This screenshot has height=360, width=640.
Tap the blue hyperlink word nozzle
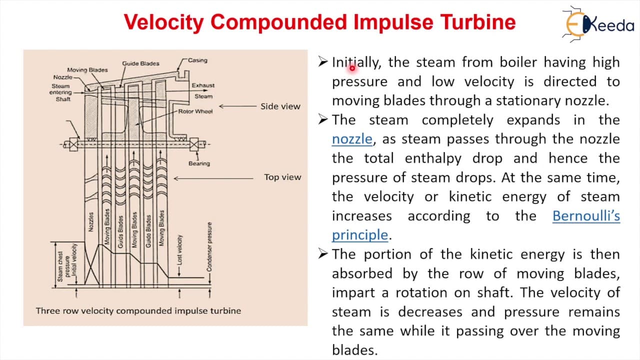tap(352, 139)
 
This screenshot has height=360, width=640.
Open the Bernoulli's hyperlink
tap(586, 215)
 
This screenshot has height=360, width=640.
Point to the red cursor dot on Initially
tap(352, 68)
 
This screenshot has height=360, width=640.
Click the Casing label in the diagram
tap(197, 60)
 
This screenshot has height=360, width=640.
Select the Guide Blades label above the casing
tap(140, 63)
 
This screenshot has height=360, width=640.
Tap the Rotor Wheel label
tap(195, 111)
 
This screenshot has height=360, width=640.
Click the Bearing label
tap(199, 163)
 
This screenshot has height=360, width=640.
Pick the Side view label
tap(280, 106)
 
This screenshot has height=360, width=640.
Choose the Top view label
tap(282, 177)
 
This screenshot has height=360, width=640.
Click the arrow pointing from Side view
tap(237, 106)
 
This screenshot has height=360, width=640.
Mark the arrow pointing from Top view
tap(213, 178)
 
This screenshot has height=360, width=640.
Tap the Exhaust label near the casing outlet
tap(203, 85)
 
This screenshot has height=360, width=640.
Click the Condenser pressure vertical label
tap(209, 247)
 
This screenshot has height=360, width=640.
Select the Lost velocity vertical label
tap(179, 250)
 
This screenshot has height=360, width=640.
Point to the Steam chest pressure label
tap(63, 266)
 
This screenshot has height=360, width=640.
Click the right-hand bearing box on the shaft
tap(194, 144)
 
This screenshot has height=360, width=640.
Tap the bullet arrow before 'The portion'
tap(323, 253)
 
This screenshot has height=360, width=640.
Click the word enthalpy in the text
tap(433, 158)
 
